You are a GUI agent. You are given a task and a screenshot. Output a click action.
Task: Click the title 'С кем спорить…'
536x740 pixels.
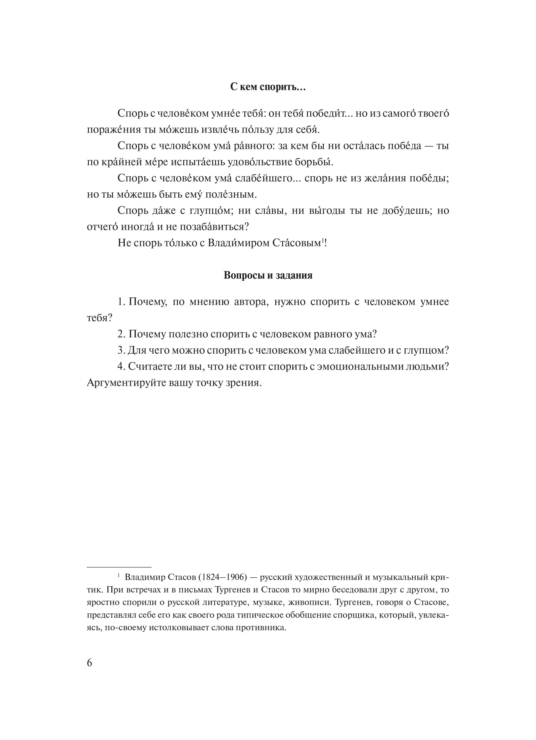pyautogui.click(x=268, y=87)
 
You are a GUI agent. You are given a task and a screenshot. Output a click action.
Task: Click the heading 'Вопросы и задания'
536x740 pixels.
pyautogui.click(x=268, y=275)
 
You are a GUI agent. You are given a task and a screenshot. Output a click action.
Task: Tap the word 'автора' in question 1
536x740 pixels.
pyautogui.click(x=251, y=302)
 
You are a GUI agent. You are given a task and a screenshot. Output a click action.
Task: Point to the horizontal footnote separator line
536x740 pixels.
pyautogui.click(x=119, y=567)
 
